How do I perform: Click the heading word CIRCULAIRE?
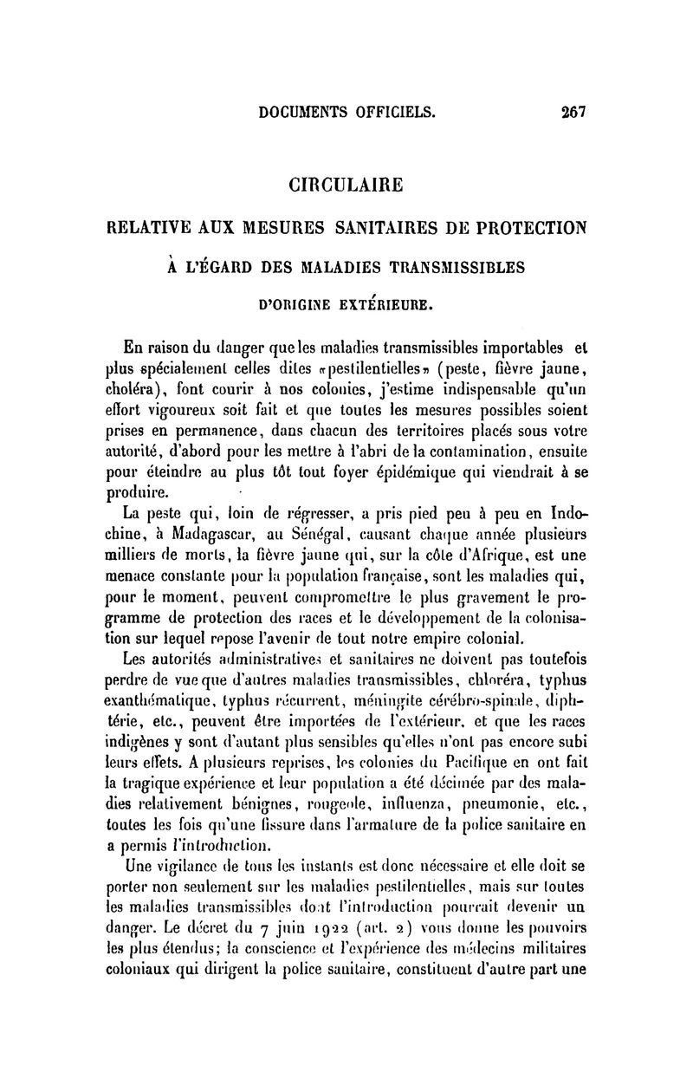click(346, 185)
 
